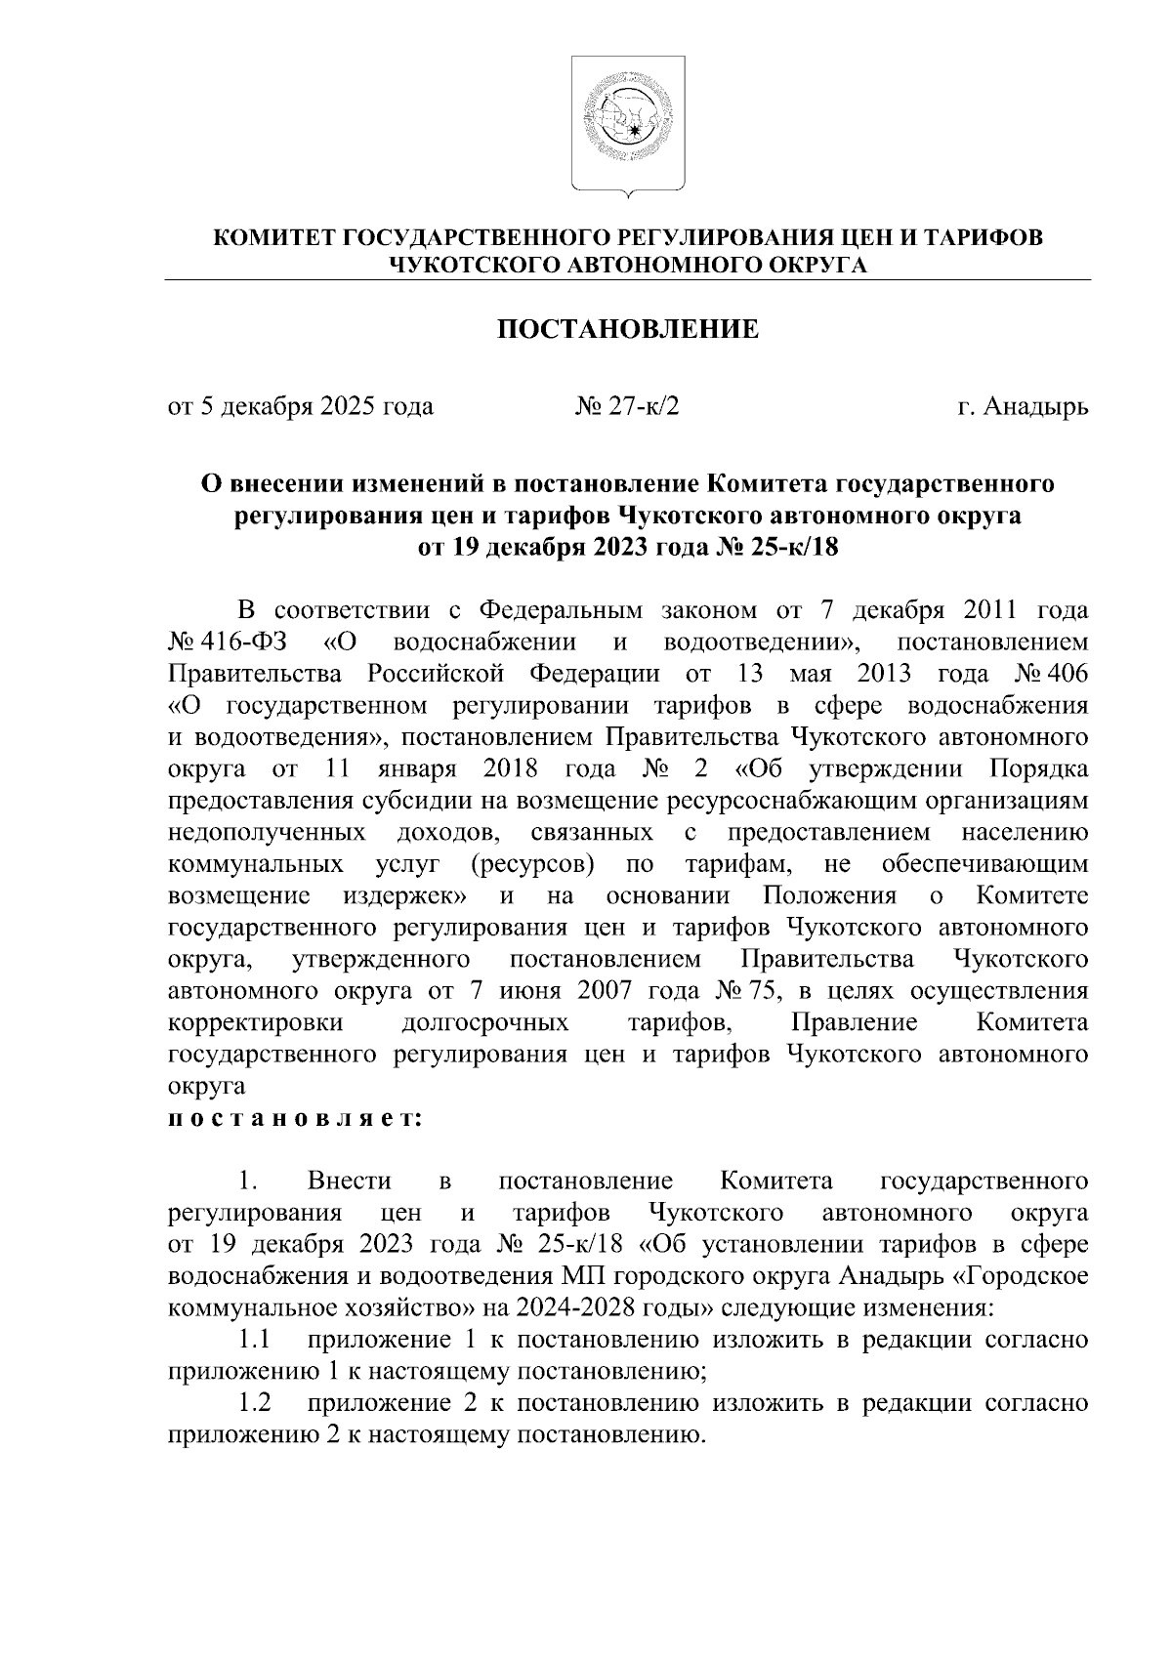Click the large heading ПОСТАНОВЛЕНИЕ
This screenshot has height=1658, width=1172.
(628, 328)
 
